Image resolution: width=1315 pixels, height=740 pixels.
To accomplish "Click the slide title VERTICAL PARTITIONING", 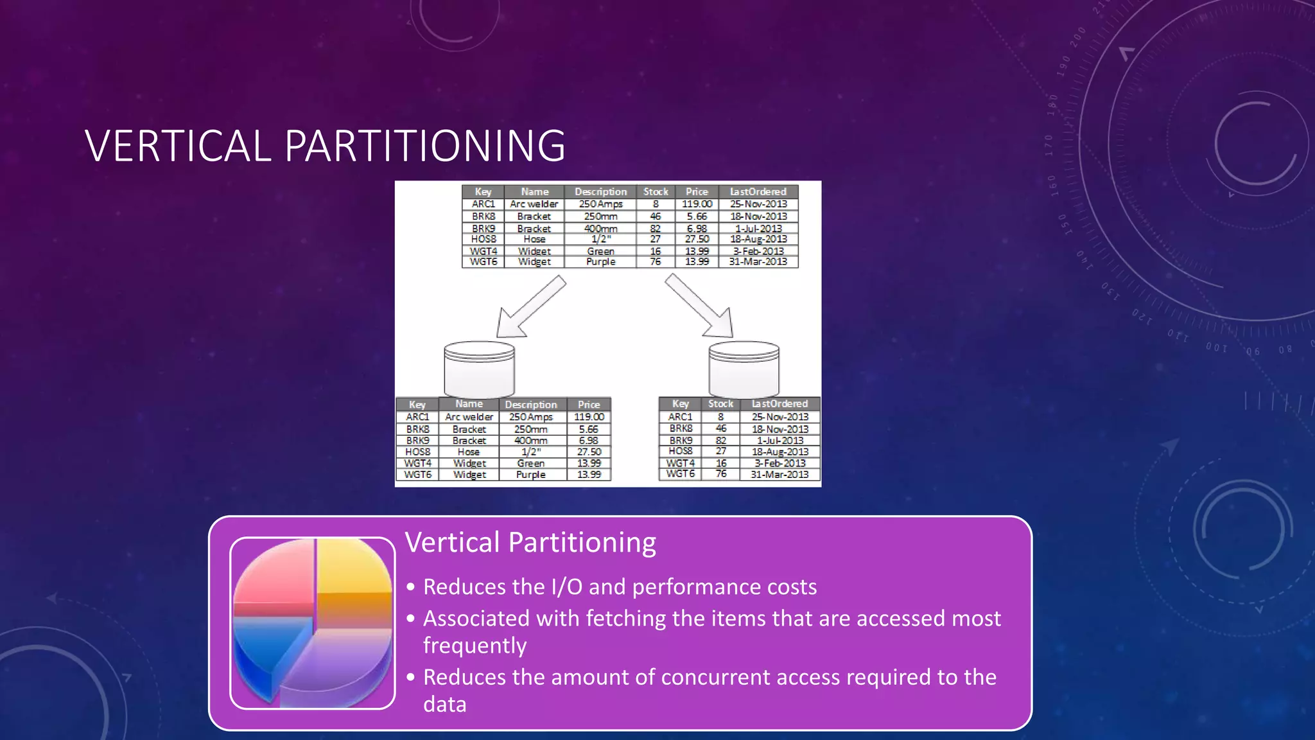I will click(x=325, y=146).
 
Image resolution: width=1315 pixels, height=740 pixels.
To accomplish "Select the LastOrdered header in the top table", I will click(x=758, y=191).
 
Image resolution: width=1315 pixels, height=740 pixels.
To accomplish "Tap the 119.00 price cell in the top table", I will click(x=697, y=204).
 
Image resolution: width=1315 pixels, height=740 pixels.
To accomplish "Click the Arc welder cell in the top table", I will click(x=534, y=204).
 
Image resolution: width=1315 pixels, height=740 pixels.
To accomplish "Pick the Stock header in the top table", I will click(x=656, y=191).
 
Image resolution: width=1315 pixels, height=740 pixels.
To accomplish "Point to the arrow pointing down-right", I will click(x=700, y=306).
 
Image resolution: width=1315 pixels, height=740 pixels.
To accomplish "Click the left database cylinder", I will click(x=480, y=369).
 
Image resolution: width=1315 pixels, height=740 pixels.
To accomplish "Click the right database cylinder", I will click(x=744, y=369).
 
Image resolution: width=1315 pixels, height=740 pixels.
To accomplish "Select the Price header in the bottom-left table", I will click(x=589, y=405).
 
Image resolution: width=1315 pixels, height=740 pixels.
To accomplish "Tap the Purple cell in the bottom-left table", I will click(x=531, y=475).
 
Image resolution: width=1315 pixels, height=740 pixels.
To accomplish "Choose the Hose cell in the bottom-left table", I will click(x=469, y=452).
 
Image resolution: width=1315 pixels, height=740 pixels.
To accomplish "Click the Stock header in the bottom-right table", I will click(x=720, y=403).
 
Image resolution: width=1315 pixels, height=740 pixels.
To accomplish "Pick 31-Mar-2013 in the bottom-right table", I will click(x=779, y=475).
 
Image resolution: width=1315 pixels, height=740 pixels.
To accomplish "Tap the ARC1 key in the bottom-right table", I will click(x=681, y=416).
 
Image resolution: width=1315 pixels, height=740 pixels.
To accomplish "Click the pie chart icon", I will click(x=313, y=622).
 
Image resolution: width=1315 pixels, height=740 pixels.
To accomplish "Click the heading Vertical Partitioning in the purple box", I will click(x=530, y=542).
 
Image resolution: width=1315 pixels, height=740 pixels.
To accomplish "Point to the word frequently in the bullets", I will click(x=475, y=645).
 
